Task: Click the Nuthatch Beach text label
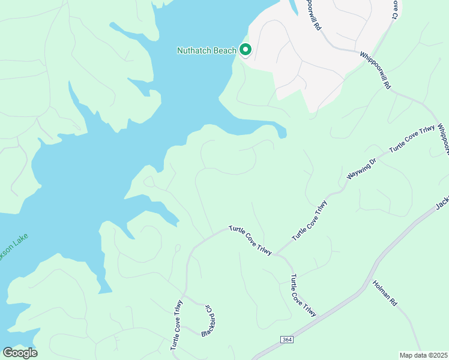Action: pos(206,50)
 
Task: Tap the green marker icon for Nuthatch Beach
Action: pos(246,50)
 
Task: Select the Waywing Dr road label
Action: pos(361,169)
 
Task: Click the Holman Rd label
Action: pos(385,295)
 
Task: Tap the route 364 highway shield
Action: pos(287,340)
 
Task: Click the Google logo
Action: pos(20,353)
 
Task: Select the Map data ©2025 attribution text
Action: pos(423,355)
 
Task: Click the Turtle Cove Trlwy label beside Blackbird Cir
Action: pos(176,325)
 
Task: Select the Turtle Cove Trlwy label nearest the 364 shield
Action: pos(303,295)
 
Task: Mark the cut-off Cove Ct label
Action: pos(394,9)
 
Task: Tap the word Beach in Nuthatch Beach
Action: pos(224,50)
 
